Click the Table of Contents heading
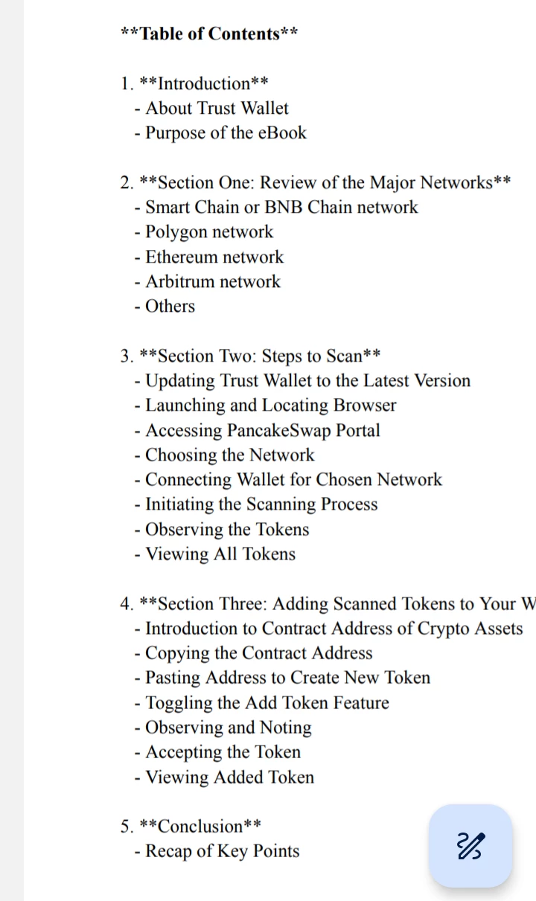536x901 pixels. [209, 33]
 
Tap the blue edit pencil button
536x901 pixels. [470, 846]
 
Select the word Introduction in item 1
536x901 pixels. [204, 83]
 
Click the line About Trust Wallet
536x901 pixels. [211, 108]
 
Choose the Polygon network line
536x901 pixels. [204, 232]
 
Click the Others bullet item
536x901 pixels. [165, 307]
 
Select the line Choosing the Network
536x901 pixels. [225, 455]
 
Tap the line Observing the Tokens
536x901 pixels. [222, 529]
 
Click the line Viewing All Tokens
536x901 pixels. [215, 554]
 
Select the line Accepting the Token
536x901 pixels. [217, 752]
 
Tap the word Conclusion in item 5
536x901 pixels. [200, 827]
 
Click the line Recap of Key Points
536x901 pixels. [217, 851]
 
